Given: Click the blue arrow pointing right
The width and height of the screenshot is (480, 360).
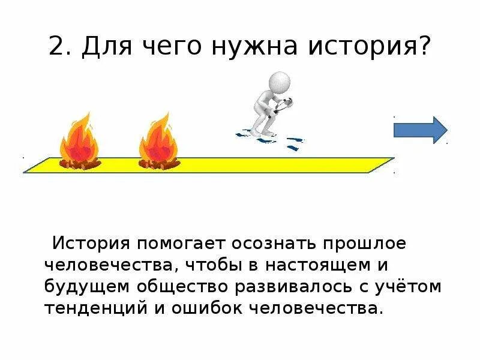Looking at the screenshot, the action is coord(420,130).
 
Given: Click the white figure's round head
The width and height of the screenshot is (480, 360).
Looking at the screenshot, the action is coord(280,82).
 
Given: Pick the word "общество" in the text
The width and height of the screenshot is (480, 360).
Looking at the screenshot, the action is coord(178,287).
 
